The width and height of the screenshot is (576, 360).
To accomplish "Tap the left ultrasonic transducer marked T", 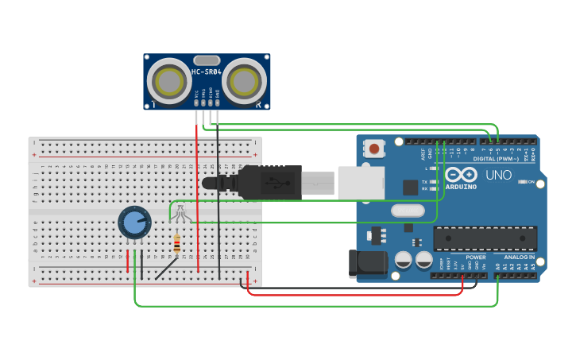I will tap(168, 80).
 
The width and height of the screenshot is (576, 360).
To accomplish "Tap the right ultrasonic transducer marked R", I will tap(243, 80).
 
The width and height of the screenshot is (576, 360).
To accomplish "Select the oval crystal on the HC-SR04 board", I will tap(206, 60).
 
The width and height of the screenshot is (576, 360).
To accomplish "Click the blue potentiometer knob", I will tap(134, 223).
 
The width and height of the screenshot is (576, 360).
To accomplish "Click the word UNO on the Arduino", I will tap(498, 175).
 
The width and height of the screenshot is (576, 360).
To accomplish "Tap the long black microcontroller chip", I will tap(485, 238).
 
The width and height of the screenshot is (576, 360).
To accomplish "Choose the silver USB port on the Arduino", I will tap(361, 182).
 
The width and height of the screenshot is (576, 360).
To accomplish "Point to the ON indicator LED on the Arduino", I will tap(524, 182).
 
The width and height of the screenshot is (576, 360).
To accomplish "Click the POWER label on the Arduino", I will tap(476, 257).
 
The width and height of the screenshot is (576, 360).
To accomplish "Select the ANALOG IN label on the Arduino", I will tap(518, 257).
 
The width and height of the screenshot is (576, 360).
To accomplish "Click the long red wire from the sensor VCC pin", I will tap(196, 199).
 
